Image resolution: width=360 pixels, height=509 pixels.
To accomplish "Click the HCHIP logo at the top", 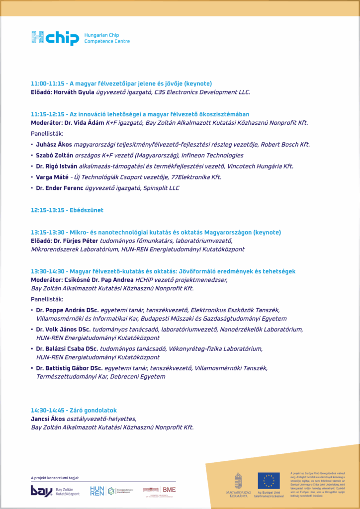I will point(55,38).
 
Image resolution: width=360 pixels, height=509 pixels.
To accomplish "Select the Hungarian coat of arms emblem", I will point(238,481).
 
